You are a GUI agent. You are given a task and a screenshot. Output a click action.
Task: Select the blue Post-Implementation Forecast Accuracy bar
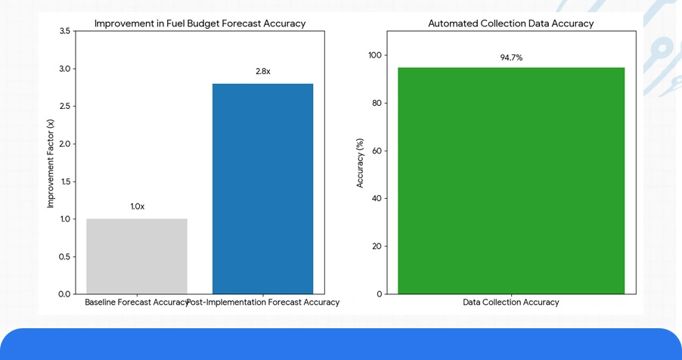[262, 188]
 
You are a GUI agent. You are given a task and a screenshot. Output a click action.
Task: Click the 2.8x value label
[262, 71]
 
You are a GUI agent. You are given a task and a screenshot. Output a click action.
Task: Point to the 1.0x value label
[137, 206]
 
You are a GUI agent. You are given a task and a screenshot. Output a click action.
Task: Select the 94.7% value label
[511, 57]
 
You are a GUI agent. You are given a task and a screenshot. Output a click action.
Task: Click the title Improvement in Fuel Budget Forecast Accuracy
[200, 23]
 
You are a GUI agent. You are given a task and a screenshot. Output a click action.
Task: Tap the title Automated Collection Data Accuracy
[510, 23]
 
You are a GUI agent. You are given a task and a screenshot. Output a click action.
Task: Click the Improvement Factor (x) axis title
[51, 163]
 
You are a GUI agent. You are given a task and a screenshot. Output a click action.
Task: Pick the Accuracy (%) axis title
[360, 163]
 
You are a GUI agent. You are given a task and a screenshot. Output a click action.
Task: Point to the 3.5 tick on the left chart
[64, 31]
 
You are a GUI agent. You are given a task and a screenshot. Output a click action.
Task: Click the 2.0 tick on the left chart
[64, 144]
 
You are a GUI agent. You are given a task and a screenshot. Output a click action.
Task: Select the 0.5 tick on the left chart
[64, 256]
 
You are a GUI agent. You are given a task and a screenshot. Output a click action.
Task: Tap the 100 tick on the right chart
[375, 55]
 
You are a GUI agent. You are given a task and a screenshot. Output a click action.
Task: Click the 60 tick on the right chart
[377, 151]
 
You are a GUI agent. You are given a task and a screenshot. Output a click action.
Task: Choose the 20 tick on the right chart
[377, 246]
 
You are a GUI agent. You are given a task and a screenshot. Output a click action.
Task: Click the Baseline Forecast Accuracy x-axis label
[136, 303]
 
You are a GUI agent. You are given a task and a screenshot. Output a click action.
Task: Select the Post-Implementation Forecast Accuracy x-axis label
[263, 303]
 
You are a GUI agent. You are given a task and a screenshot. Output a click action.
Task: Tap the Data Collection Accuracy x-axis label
[511, 303]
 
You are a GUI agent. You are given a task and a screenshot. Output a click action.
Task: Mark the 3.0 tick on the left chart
[64, 69]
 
